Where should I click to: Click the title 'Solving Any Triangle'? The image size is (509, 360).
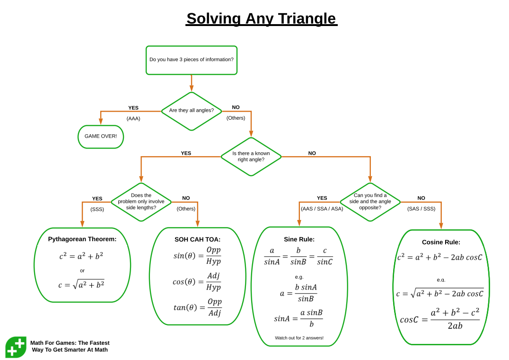point(261,19)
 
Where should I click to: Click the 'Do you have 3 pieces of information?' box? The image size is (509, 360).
point(191,60)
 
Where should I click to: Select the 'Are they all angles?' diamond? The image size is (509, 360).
point(191,111)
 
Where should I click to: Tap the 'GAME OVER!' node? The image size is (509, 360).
point(101,136)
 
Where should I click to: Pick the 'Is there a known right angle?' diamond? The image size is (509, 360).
point(251,157)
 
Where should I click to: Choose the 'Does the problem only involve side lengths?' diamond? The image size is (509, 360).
point(141,202)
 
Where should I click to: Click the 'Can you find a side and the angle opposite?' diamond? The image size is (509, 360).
point(370,202)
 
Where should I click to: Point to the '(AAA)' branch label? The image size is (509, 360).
point(133,118)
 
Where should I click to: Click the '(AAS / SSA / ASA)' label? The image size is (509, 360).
point(322,209)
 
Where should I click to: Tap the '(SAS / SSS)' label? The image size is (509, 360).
point(421,209)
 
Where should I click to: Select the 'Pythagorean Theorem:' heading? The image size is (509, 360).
point(82,239)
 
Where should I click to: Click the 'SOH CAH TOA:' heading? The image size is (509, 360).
point(197,239)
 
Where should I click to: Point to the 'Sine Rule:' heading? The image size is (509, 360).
point(299,239)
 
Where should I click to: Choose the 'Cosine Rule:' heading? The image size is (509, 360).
point(441,242)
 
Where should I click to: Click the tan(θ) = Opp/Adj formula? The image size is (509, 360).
point(197,307)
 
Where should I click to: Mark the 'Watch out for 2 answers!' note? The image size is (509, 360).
point(299,338)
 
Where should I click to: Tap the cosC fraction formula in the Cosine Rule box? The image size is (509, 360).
point(440,319)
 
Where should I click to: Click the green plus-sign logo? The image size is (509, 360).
point(16,347)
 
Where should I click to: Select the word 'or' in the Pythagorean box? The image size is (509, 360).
point(82,271)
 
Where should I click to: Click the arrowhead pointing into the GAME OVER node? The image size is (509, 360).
point(101,122)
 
